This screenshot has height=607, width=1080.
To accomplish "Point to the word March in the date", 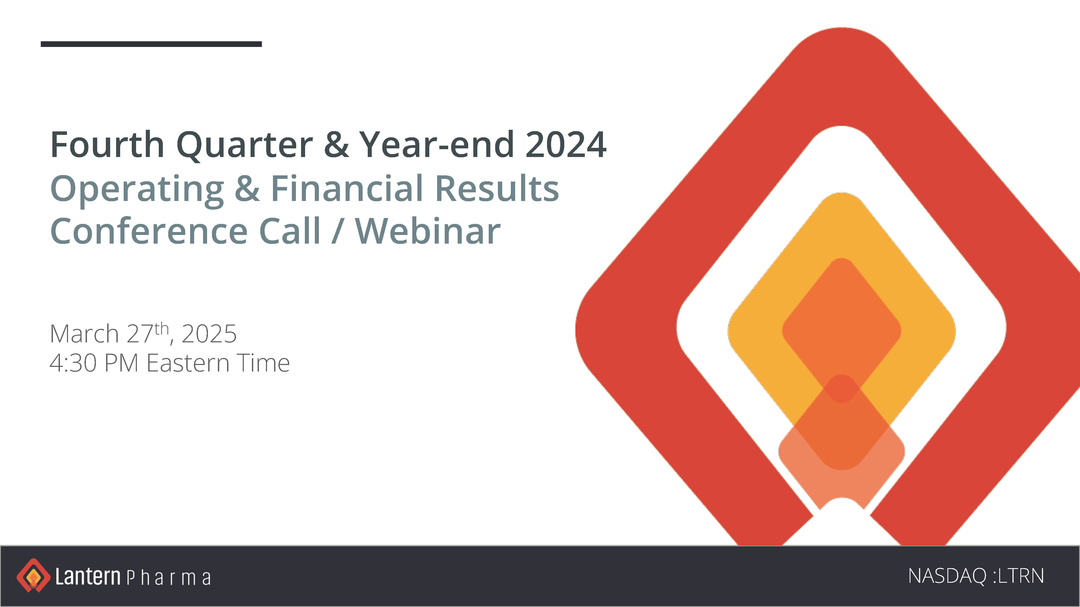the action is pyautogui.click(x=84, y=334).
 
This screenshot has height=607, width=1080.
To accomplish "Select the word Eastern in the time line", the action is pyautogui.click(x=188, y=363).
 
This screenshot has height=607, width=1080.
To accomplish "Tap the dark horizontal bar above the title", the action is pyautogui.click(x=151, y=44).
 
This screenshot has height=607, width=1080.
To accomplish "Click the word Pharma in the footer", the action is pyautogui.click(x=168, y=578).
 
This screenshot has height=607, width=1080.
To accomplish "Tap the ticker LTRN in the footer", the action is pyautogui.click(x=1021, y=576).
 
